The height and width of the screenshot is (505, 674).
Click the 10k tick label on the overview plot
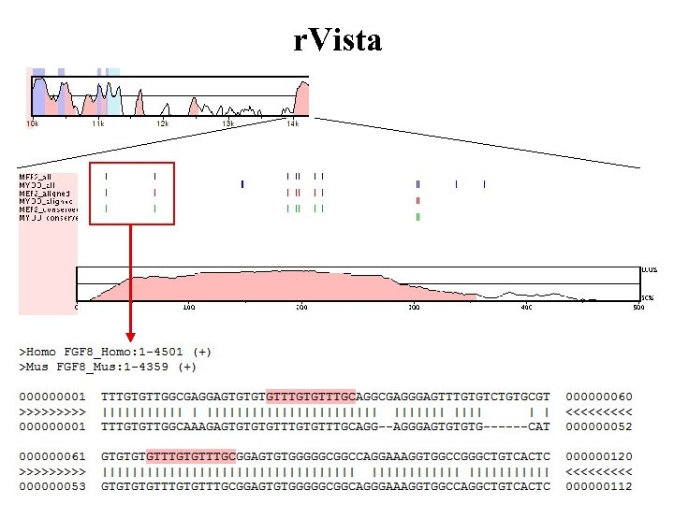33,123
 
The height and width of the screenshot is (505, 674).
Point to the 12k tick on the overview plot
162,123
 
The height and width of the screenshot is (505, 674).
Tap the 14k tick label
293,123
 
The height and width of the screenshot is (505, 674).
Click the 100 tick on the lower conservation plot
188,307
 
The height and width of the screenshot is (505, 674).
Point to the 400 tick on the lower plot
527,307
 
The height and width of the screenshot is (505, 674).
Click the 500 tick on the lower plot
638,307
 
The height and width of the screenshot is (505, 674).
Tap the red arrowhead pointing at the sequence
131,335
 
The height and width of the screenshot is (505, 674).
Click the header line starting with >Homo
116,352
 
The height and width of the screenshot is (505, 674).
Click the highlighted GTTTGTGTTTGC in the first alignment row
311,396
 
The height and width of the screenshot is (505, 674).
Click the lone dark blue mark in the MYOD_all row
242,183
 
